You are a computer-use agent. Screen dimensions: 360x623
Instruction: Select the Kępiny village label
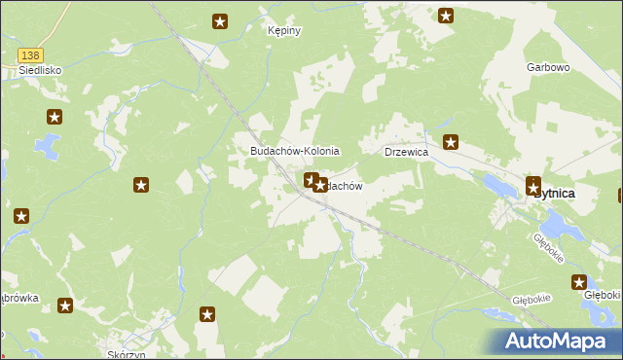[284, 30]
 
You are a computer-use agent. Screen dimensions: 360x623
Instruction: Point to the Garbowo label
[547, 67]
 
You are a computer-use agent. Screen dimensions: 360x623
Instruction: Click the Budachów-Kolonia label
[295, 151]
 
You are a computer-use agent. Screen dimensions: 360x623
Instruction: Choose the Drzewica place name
[407, 153]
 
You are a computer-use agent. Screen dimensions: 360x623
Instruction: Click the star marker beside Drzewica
[451, 143]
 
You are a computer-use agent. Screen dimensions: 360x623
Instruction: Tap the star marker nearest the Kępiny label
[221, 20]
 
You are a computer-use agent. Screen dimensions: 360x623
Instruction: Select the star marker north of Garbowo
[446, 15]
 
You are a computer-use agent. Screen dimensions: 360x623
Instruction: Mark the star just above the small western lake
[54, 118]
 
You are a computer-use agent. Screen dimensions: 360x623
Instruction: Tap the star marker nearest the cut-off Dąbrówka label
[65, 306]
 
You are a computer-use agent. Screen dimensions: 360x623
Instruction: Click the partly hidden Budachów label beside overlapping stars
[345, 185]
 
